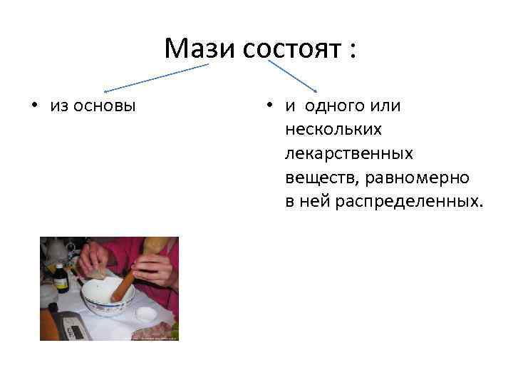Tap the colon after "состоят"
pyautogui.click(x=351, y=51)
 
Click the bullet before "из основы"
pyautogui.click(x=33, y=106)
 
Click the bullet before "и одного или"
pyautogui.click(x=269, y=106)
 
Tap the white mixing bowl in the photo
pyautogui.click(x=108, y=299)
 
